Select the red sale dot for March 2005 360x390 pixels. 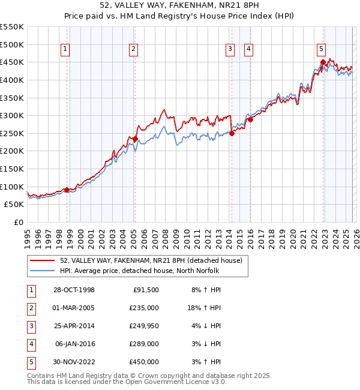click(x=135, y=139)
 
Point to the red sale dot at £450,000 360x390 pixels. click(x=323, y=62)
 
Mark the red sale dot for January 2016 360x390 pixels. click(x=250, y=119)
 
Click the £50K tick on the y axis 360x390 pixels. click(x=14, y=205)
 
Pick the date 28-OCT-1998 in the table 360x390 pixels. click(x=74, y=290)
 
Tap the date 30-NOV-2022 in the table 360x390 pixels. click(x=74, y=362)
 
